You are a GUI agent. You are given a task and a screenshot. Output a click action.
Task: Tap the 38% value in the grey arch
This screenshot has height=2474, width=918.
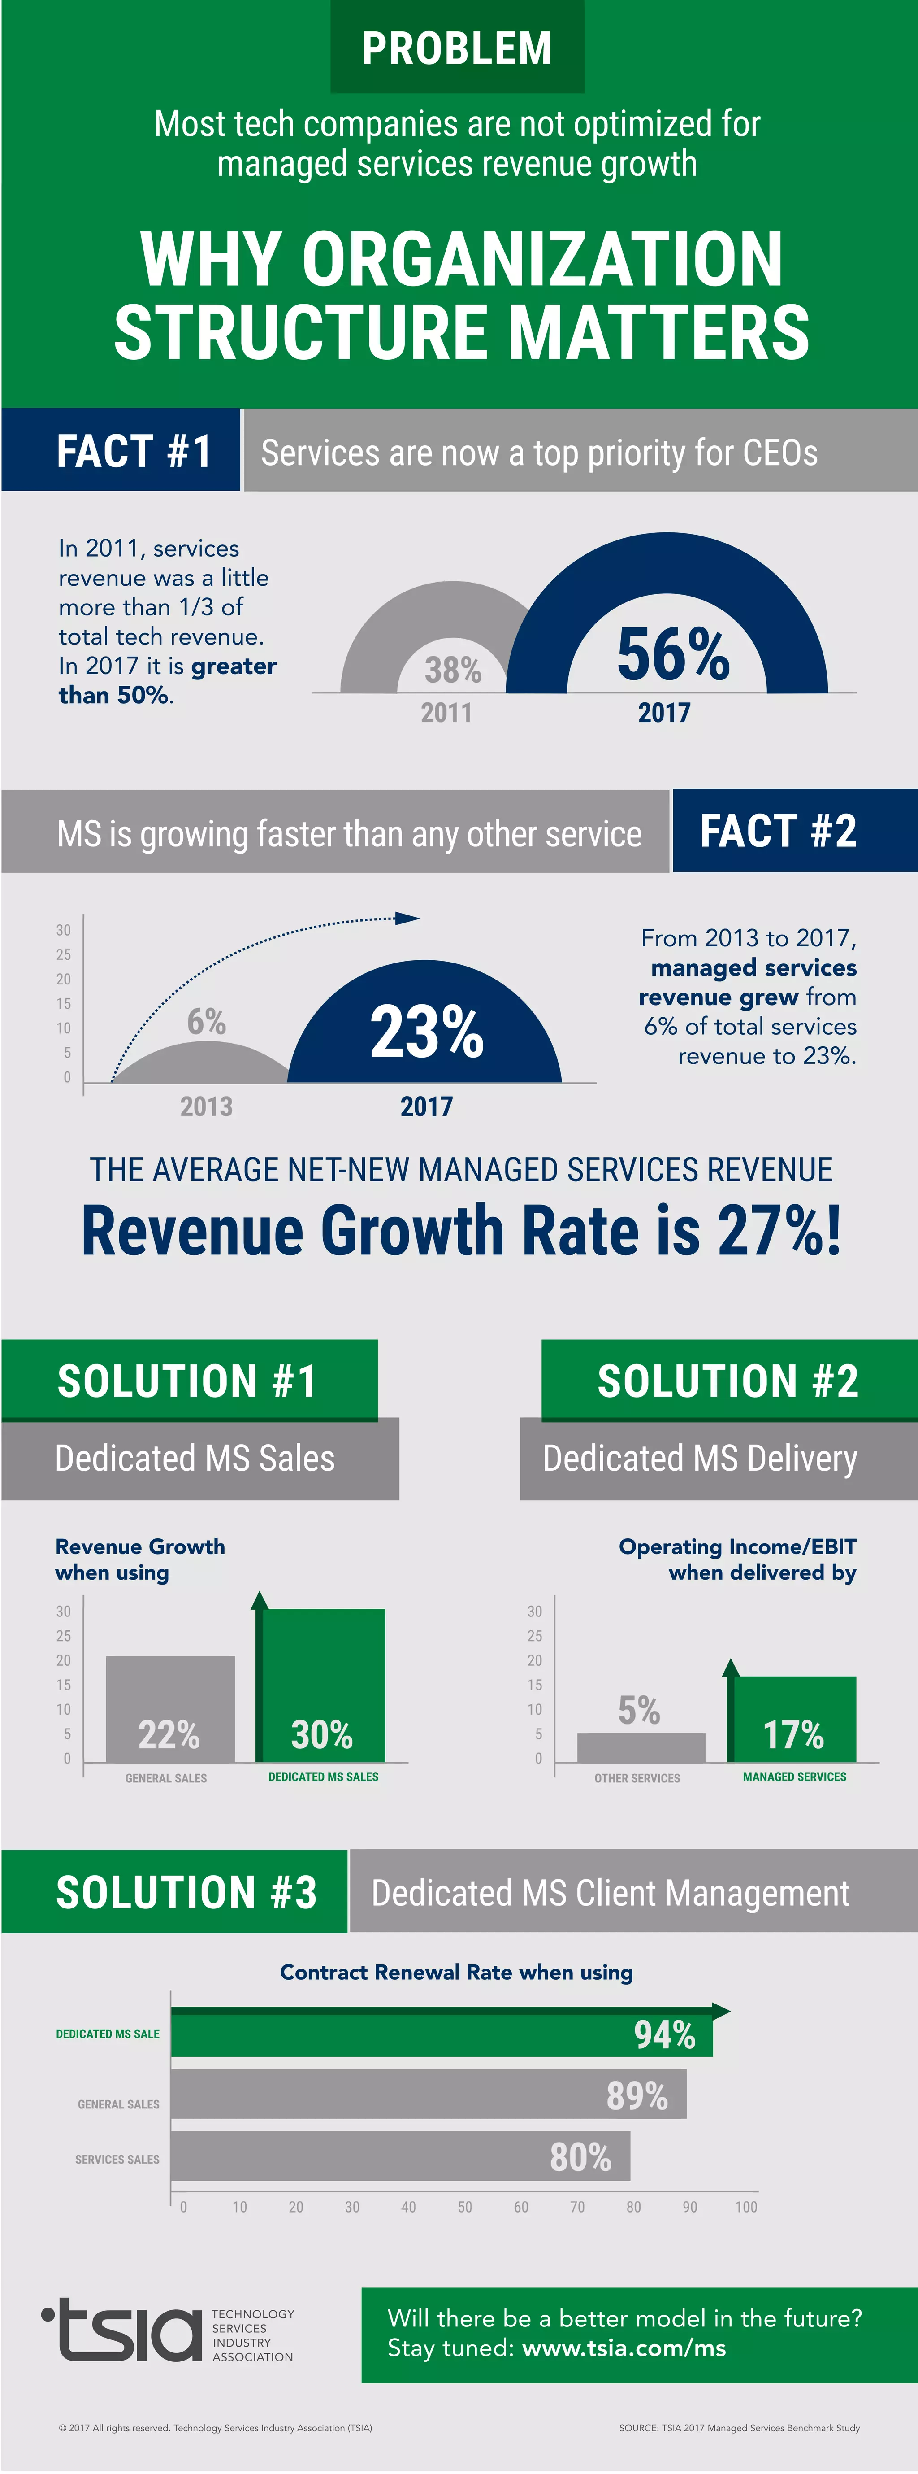pos(452,669)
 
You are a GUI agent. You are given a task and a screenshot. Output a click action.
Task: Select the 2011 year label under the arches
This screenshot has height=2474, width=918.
pos(446,713)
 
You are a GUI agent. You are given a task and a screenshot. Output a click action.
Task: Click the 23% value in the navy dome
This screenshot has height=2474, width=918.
pos(426,1032)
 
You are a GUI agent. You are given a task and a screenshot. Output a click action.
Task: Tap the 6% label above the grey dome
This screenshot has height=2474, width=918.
pos(207,1021)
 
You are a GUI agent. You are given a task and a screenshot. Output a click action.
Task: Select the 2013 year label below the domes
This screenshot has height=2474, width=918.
pos(207,1106)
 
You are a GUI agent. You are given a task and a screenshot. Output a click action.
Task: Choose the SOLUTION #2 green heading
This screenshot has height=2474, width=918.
pos(728,1381)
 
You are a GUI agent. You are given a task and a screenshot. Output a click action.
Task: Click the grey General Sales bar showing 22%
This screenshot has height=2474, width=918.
pos(170,1710)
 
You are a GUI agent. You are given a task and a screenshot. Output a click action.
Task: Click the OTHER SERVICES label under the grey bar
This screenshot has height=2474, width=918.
pos(637,1779)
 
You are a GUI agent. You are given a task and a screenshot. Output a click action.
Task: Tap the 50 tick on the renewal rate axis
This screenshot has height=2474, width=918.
pos(465,2207)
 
